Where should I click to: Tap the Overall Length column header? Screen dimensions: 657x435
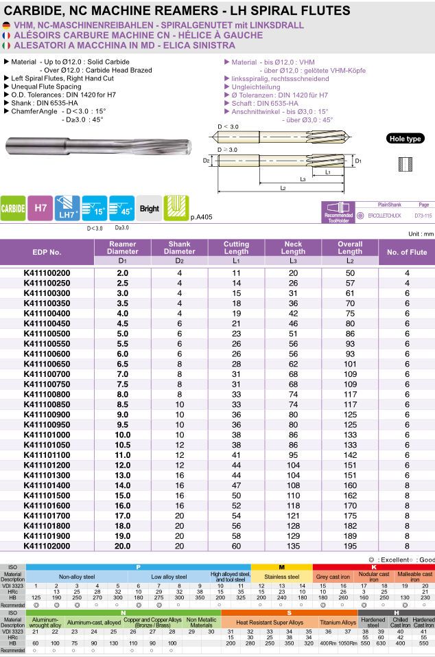[x=350, y=247]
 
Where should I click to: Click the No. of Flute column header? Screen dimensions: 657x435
[x=407, y=252]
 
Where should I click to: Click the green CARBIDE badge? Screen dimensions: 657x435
[x=13, y=208]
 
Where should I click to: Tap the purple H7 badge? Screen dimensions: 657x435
[x=40, y=208]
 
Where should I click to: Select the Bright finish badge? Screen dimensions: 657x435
[x=149, y=209]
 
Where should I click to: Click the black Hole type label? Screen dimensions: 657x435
[x=405, y=139]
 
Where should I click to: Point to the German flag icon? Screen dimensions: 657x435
[x=6, y=25]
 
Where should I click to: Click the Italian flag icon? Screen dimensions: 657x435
[x=6, y=45]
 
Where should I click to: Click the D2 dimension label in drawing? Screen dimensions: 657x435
[x=206, y=161]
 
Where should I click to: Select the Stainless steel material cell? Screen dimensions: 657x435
[x=282, y=577]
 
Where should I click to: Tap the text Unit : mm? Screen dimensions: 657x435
[x=421, y=234]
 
